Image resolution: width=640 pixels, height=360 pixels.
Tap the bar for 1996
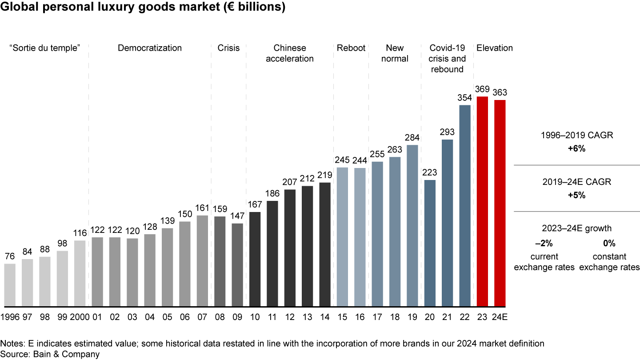pos(10,285)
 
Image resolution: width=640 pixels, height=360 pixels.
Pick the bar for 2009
pos(237,265)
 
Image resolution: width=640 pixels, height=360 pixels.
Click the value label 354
pos(464,98)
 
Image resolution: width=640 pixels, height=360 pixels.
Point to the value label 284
pos(412,137)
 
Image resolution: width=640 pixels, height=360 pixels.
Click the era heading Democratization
pos(150,48)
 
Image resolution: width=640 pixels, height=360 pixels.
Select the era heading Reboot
pos(351,48)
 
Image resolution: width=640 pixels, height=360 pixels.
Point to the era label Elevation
pos(494,48)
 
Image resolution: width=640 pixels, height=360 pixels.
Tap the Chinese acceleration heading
pos(290,53)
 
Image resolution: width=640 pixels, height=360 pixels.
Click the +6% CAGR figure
pos(576,149)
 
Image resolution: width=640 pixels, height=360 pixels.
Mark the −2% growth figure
pos(544,244)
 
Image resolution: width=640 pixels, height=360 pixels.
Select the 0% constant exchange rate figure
pos(609,244)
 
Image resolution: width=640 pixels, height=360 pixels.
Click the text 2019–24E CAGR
pos(576,182)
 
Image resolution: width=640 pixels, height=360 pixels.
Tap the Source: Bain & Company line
pos(50,354)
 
